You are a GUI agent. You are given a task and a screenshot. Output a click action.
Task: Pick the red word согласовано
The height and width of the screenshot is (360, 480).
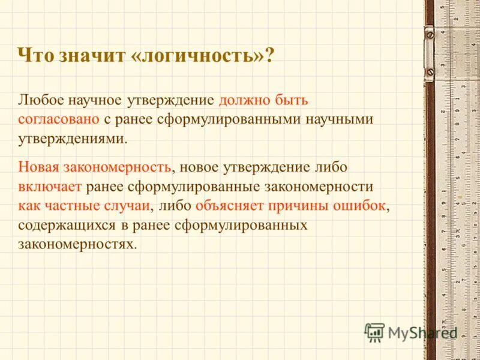point(58,119)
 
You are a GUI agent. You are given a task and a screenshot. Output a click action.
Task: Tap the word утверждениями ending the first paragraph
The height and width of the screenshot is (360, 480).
point(72,138)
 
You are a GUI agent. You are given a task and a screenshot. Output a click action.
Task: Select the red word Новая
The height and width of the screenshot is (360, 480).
point(39,167)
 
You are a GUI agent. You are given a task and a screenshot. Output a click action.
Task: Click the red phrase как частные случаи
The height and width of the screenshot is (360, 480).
point(83,205)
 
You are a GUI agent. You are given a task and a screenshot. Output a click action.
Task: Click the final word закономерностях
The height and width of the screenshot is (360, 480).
point(77,244)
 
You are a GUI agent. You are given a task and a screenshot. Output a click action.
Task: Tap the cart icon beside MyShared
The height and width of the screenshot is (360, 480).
point(375,332)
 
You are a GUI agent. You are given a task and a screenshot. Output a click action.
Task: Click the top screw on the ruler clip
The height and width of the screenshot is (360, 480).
point(430,35)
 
